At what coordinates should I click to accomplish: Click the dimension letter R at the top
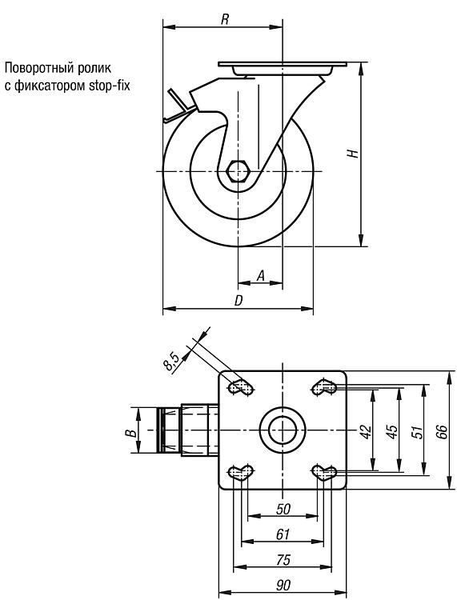pos(225,19)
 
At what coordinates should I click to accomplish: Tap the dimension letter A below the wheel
pos(261,275)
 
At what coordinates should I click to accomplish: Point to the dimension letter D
pos(239,300)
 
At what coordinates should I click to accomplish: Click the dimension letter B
pos(131,433)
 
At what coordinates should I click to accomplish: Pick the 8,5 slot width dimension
pos(171,362)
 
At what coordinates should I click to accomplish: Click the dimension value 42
pos(367,432)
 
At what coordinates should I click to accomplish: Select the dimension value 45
pos(392,432)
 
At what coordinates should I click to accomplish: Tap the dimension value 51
pos(418,432)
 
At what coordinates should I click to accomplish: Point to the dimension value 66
pos(443,432)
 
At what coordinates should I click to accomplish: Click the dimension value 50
pos(283,509)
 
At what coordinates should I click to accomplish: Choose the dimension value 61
pos(283,534)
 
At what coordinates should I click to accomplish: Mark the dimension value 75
pos(283,560)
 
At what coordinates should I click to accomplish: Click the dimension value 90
pos(283,586)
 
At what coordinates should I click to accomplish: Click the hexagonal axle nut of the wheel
pos(238,171)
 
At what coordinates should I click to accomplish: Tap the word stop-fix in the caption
pos(109,86)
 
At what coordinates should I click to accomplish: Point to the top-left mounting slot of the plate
pos(241,387)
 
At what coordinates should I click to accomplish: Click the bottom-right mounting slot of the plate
pos(324,472)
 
